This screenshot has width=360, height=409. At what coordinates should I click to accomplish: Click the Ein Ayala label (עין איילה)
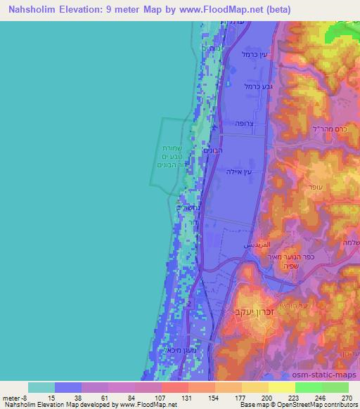pos(238,172)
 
